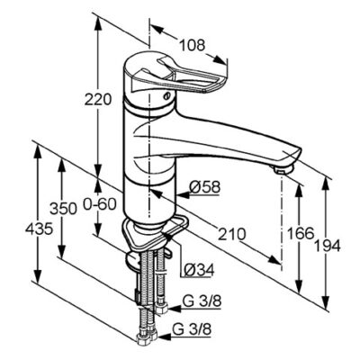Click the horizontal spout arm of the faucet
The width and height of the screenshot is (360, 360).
click(225, 144)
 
